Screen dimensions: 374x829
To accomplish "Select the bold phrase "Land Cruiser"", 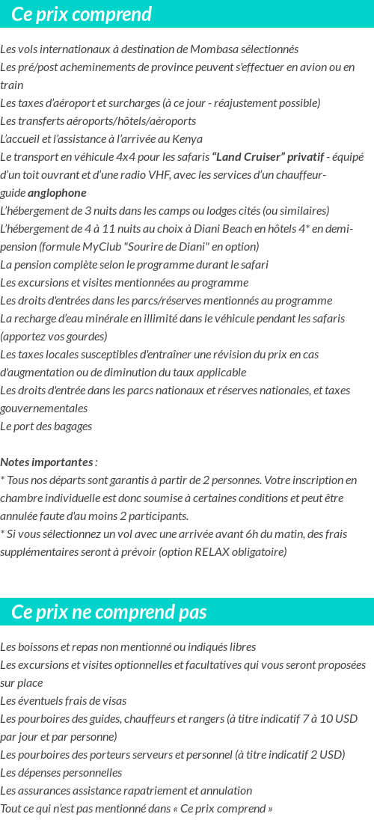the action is click(248, 157).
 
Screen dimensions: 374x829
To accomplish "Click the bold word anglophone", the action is click(62, 193).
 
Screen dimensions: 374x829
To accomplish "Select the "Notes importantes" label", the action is click(46, 462).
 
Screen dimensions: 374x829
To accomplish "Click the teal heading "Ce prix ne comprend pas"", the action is click(109, 612).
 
